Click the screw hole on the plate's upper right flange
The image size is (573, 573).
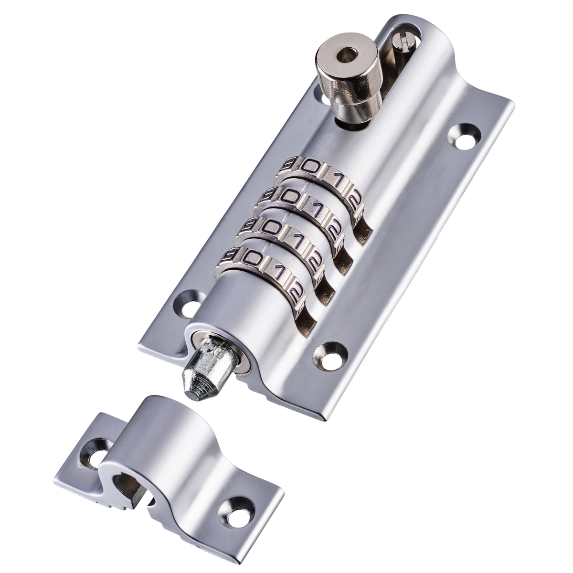464,134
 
